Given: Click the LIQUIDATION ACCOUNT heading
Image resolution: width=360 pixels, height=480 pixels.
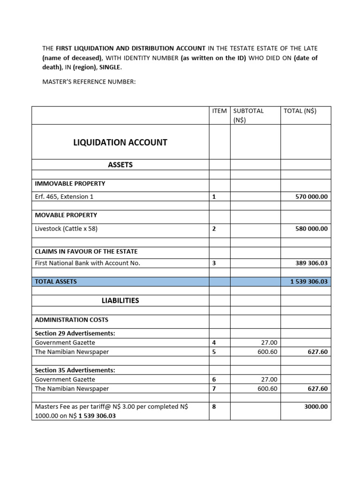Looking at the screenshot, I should pyautogui.click(x=120, y=142).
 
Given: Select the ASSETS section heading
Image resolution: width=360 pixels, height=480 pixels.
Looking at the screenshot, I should pyautogui.click(x=120, y=165).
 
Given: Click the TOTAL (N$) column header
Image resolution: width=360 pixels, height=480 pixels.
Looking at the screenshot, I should pyautogui.click(x=300, y=111).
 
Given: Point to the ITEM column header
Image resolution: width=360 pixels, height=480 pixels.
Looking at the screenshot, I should pyautogui.click(x=219, y=111).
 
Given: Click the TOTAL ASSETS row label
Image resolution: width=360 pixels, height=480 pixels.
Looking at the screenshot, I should pyautogui.click(x=56, y=281).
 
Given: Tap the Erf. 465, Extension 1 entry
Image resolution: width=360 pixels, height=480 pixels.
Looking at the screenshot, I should pyautogui.click(x=64, y=197).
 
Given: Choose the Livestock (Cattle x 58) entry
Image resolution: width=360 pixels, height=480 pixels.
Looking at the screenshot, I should pyautogui.click(x=66, y=229).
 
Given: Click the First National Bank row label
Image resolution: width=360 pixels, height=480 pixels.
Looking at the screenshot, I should pyautogui.click(x=88, y=263).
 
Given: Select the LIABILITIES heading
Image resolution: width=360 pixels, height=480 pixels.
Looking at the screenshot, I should pyautogui.click(x=120, y=300).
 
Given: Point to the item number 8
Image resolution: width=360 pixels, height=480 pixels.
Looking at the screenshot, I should pyautogui.click(x=214, y=406).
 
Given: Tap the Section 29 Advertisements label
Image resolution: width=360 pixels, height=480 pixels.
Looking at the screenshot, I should pyautogui.click(x=75, y=333).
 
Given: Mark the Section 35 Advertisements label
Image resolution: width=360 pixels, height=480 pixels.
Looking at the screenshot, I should pyautogui.click(x=75, y=370).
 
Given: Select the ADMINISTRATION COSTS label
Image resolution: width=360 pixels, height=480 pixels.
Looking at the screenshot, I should pyautogui.click(x=72, y=320).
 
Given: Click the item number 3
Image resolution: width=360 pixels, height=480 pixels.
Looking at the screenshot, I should pyautogui.click(x=214, y=263).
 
